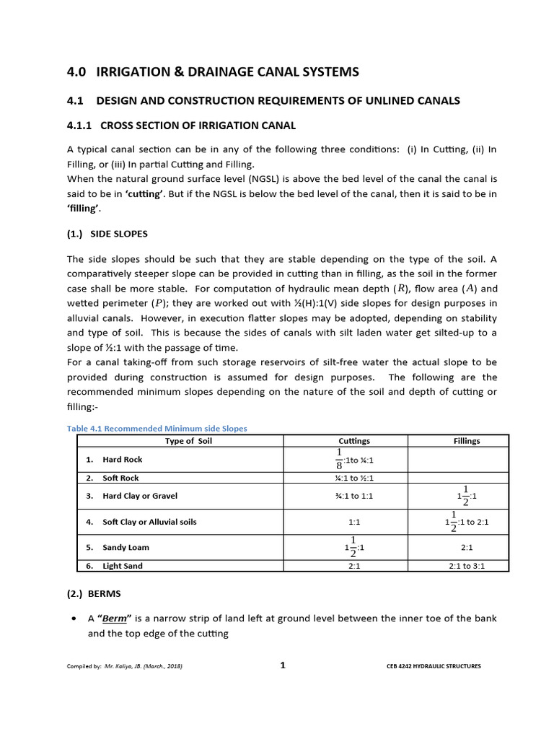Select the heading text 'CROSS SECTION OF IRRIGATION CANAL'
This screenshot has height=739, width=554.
pos(198,126)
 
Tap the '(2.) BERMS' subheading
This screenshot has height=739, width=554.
pos(95,592)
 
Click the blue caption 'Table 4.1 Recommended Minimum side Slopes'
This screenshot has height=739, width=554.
pos(157,429)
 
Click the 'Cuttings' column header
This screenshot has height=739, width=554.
pos(354,441)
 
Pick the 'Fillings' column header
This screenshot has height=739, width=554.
pos(467,441)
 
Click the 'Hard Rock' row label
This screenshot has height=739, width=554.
pos(122,460)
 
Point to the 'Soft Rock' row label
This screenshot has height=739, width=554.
pos(120,478)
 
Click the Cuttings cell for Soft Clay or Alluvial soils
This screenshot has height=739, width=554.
pos(354,522)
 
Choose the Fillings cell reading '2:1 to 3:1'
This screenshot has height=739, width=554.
pos(467,566)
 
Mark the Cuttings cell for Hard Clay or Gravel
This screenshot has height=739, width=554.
pos(354,496)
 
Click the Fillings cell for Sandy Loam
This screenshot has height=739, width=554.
pos(467,548)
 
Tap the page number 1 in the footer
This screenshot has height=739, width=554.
pos(283,665)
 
